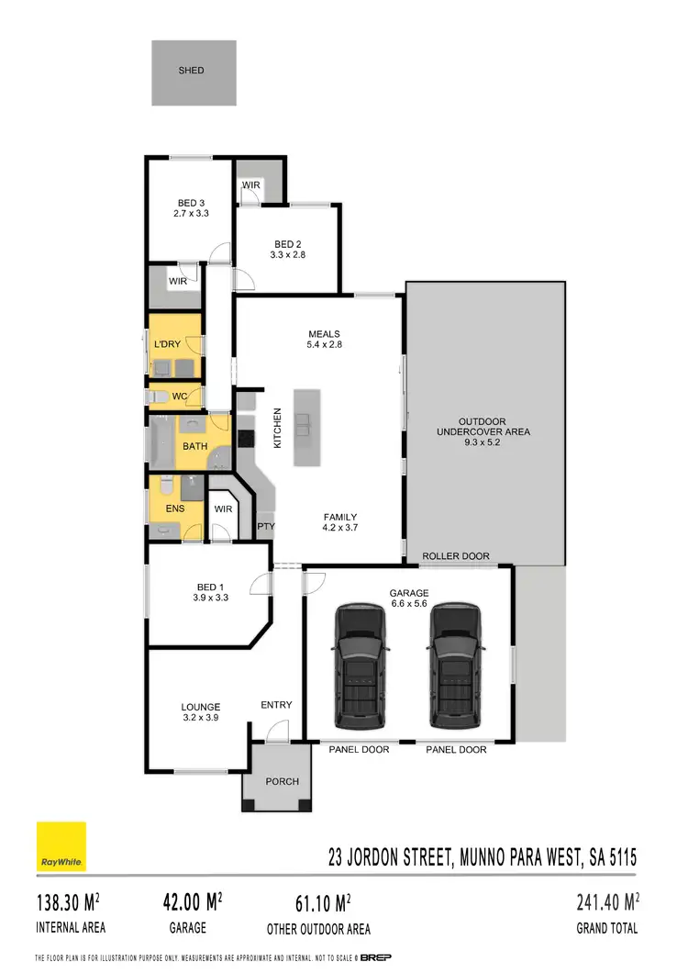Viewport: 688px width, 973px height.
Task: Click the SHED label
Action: click(192, 70)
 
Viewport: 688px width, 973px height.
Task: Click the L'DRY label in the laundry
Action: click(167, 344)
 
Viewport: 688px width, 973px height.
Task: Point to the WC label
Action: click(180, 397)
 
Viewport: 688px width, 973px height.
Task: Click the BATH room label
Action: click(194, 447)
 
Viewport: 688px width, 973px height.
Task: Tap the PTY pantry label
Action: click(266, 526)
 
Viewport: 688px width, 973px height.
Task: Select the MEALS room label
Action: click(325, 334)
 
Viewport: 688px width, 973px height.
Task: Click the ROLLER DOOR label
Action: click(456, 556)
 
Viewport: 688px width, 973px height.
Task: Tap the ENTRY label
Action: click(276, 705)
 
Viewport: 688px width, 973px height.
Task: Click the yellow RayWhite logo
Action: click(61, 847)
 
